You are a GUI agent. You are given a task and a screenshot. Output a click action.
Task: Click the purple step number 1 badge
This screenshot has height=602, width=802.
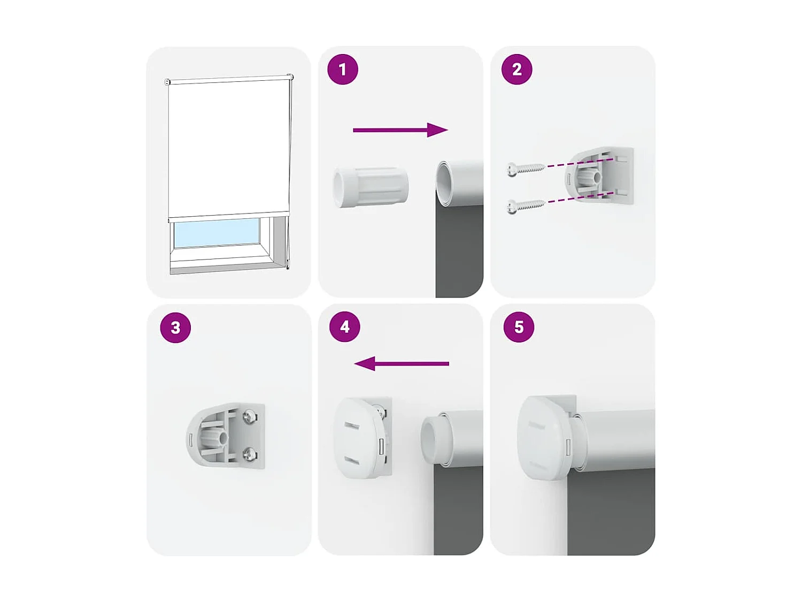pos(343,70)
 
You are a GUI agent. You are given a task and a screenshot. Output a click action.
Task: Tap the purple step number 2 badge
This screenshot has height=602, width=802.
pos(516,70)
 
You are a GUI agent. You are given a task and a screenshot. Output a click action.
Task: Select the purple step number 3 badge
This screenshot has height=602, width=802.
pos(175,327)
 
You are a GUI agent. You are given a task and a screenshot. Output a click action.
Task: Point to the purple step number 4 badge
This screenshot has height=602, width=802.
pos(345,327)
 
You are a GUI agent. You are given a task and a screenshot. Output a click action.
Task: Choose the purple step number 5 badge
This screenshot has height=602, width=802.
pos(519,327)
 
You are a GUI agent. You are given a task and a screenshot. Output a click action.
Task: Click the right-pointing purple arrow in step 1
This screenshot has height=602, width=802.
pos(400,130)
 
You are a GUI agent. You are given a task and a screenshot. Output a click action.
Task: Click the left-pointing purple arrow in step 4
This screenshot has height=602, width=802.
pos(402,364)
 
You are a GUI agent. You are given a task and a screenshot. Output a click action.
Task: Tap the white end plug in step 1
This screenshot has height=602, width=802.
pos(371,187)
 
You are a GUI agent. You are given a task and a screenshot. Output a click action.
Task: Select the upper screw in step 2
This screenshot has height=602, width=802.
pos(525,169)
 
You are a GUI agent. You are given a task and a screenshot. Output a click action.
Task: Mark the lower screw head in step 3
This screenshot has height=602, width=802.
pos(250,454)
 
